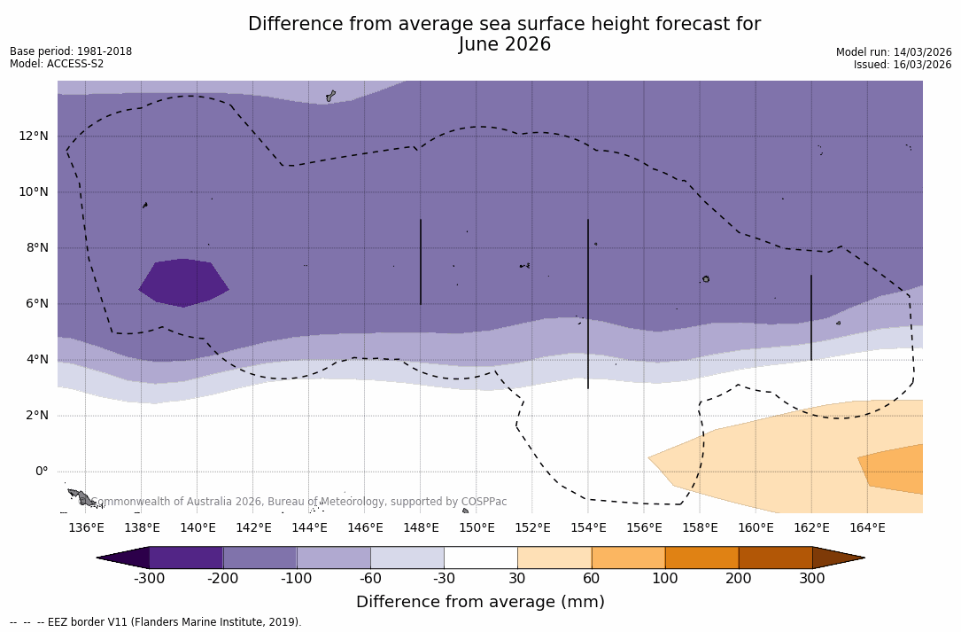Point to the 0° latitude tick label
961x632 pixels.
42,472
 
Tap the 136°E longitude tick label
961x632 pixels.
86,528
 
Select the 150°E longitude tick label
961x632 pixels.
477,528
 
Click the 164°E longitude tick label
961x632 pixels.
867,528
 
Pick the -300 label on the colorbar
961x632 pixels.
149,579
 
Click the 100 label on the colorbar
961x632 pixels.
665,579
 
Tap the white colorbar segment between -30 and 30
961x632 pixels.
480,558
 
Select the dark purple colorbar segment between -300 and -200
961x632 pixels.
186,558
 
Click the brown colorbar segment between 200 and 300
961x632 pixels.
775,558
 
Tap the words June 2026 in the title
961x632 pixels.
504,45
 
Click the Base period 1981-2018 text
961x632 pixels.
71,51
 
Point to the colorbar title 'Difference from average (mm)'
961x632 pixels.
480,603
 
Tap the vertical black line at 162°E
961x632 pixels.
810,317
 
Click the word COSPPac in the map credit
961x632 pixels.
484,502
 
